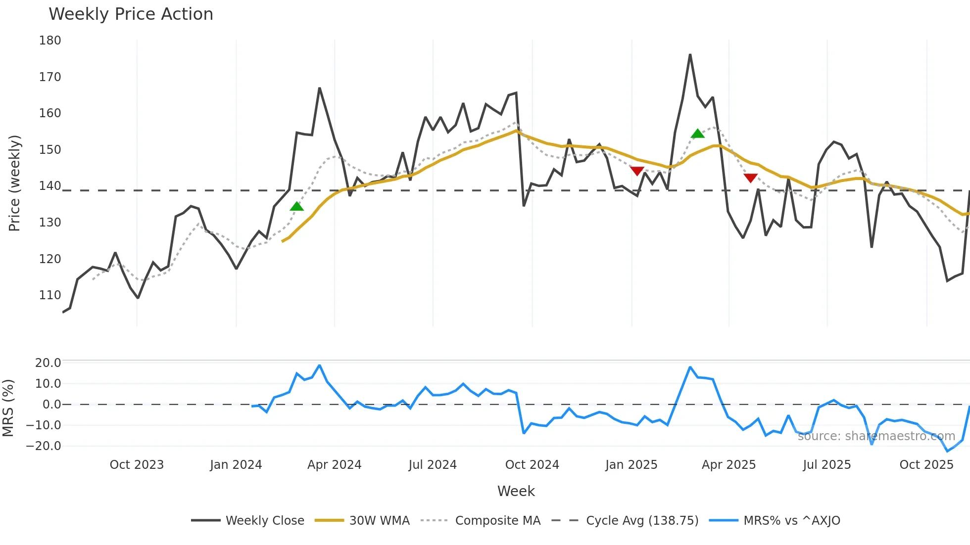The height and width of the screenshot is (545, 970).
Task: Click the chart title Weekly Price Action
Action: click(131, 14)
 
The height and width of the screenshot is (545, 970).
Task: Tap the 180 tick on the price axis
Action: click(50, 41)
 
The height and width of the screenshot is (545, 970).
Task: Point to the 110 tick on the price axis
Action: click(50, 295)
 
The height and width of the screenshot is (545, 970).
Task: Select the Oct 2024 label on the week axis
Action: click(532, 465)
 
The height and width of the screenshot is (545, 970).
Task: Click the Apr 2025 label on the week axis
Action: click(728, 465)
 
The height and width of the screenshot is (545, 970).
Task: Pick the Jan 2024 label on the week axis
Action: click(236, 465)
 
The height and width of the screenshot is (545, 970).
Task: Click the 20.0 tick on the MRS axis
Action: click(48, 363)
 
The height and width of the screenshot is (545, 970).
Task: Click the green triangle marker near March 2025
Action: click(697, 134)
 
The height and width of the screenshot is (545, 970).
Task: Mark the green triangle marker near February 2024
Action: click(296, 206)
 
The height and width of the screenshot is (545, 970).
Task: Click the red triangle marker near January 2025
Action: click(637, 171)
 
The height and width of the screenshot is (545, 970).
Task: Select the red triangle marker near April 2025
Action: click(750, 178)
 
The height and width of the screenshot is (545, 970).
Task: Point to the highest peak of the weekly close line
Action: click(690, 55)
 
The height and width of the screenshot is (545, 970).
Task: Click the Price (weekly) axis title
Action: click(14, 183)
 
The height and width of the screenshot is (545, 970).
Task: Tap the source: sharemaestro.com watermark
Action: click(876, 436)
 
